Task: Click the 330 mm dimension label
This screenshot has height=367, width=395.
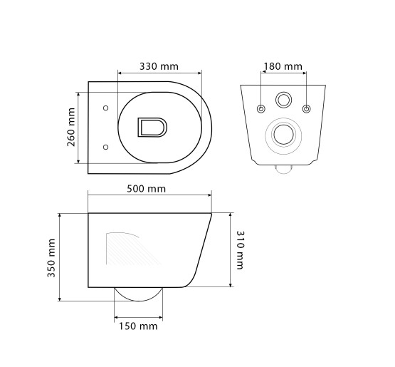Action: (159, 66)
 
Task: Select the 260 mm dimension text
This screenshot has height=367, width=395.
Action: (71, 127)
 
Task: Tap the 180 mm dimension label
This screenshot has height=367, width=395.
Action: (283, 66)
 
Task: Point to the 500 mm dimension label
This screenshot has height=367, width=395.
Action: (146, 189)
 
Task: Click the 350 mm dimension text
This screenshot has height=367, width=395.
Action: (51, 258)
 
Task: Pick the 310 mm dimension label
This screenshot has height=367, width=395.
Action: (240, 250)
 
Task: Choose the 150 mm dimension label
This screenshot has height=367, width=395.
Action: (138, 326)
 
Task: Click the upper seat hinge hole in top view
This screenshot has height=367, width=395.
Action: (106, 108)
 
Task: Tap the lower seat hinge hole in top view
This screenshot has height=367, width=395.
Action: (106, 147)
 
